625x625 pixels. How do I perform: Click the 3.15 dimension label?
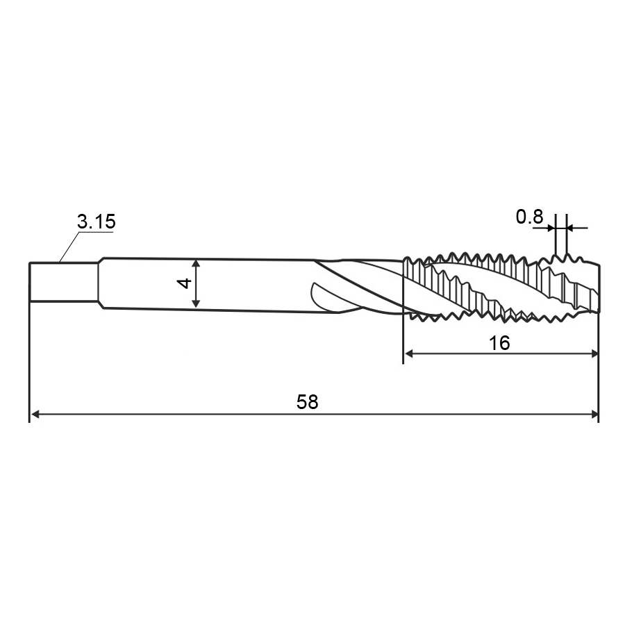coord(96,222)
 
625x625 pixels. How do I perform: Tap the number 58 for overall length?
coord(308,402)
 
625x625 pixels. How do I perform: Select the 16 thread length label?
coord(499,343)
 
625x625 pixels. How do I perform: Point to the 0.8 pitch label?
coord(529,217)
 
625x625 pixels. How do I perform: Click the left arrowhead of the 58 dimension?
coord(35,415)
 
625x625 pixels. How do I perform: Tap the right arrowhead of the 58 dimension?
coord(594,415)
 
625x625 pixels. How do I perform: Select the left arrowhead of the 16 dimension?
coord(409,353)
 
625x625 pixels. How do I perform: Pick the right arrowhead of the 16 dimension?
coord(594,353)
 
